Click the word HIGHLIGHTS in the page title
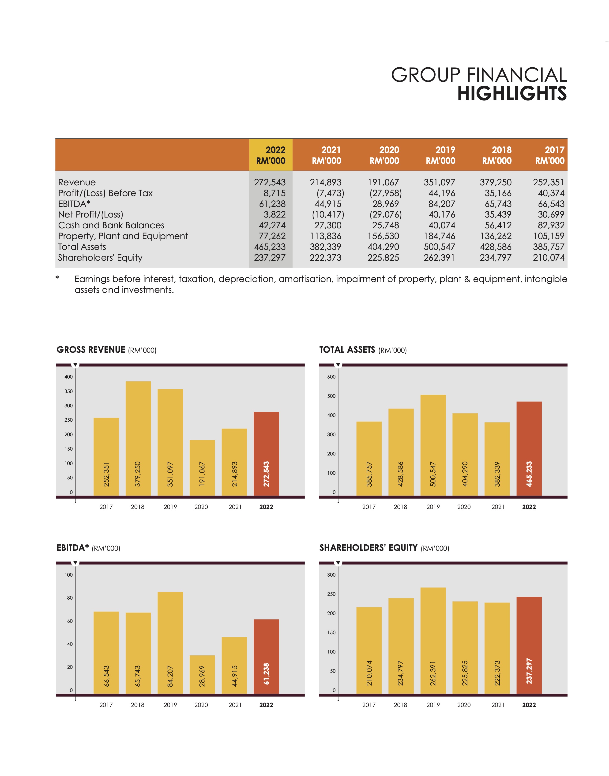[x=512, y=94]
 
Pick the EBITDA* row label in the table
[x=74, y=204]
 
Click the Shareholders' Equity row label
[x=100, y=258]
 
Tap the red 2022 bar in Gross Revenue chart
[x=266, y=453]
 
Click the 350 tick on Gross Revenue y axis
[x=68, y=391]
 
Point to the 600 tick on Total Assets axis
[x=331, y=377]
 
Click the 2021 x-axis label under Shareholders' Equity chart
[x=498, y=705]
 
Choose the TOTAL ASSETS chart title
[x=347, y=350]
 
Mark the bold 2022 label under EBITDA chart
[x=266, y=705]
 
